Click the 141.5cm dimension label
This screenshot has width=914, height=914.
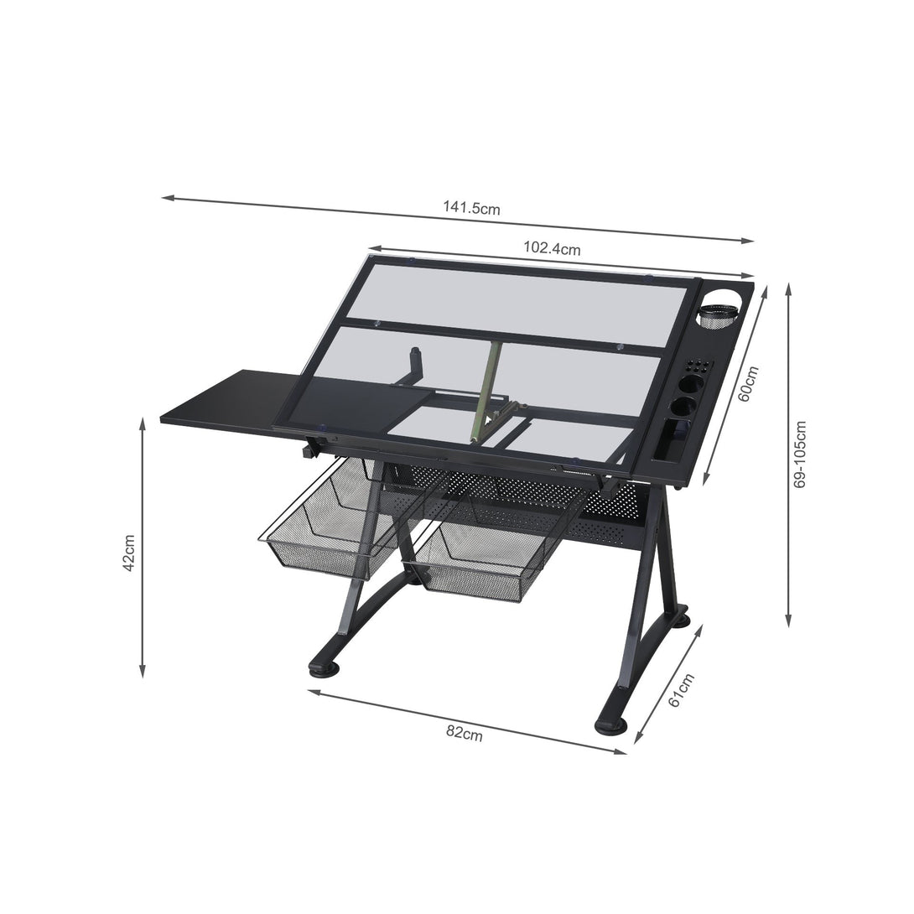(471, 207)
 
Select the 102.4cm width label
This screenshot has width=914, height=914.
(552, 248)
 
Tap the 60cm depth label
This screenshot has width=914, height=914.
(748, 384)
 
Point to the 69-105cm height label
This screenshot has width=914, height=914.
(800, 454)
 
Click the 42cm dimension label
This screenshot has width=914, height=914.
(129, 553)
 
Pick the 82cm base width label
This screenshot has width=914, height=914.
(465, 733)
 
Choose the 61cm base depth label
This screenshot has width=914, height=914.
(681, 690)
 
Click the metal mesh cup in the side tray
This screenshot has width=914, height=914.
(717, 316)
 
